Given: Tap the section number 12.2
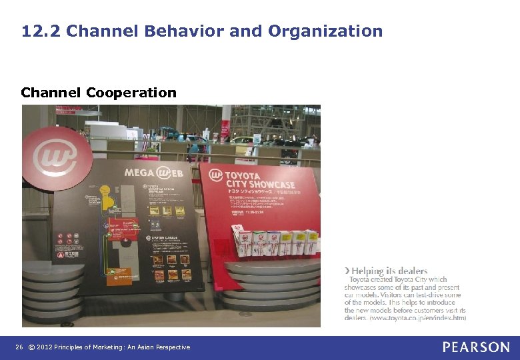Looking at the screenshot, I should coord(41,31).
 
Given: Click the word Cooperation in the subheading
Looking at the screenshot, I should coord(131,93).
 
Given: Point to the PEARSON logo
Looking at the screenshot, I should coord(476,347).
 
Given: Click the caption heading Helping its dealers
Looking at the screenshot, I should coord(389,271).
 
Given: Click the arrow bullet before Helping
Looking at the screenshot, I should coord(347,271).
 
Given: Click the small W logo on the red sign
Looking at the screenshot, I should coord(215,175).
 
